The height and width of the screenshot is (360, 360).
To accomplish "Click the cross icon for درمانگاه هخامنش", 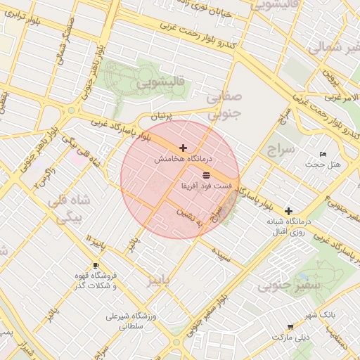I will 184,148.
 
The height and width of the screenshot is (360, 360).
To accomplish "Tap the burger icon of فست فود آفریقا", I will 205,174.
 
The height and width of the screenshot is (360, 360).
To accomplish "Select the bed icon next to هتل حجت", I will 323,154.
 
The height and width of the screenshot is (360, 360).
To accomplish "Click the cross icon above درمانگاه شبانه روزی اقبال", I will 288,210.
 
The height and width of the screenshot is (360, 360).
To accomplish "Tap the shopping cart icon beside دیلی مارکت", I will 290,327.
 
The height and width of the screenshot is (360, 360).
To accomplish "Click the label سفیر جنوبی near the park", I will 289,285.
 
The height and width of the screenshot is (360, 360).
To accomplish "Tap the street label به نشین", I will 189,212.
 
